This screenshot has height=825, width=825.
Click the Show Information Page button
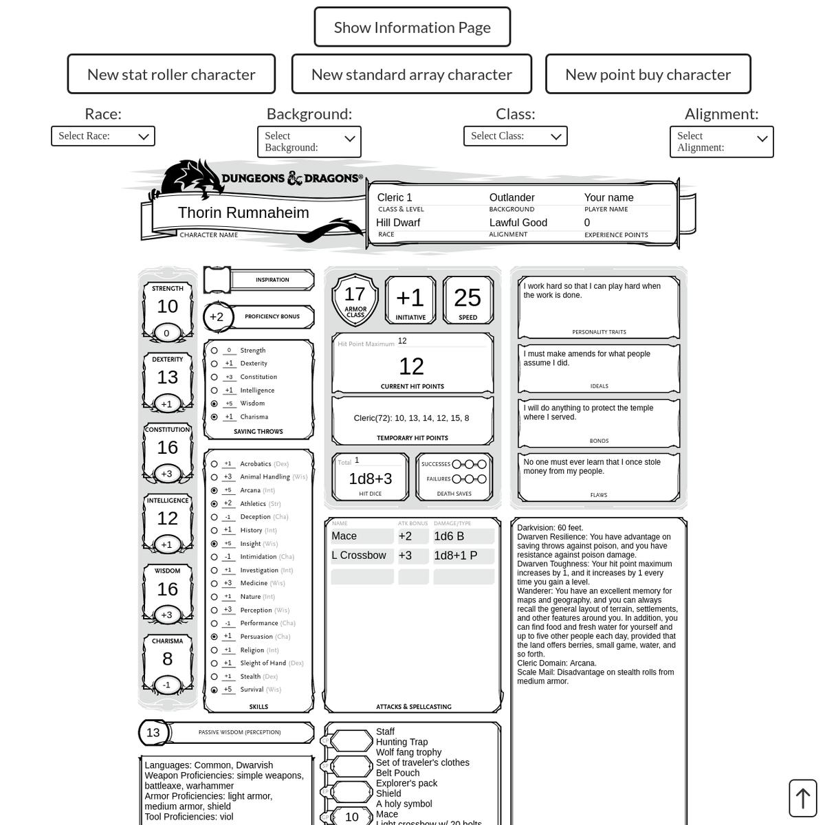point(412,27)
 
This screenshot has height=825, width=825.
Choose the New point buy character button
point(648,74)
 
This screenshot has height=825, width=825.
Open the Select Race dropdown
point(103,136)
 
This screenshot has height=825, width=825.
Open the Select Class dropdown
point(516,136)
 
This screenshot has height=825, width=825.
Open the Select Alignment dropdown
point(721,142)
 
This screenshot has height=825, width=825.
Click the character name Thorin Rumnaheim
point(243,213)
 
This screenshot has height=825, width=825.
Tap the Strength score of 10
point(167,307)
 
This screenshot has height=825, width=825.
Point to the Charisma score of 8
point(167,659)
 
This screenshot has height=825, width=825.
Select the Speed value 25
point(467,298)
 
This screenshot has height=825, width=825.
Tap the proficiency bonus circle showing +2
point(217,317)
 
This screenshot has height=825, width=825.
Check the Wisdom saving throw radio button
point(214,404)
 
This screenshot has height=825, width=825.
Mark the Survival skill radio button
point(214,690)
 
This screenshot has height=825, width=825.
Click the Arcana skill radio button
point(214,490)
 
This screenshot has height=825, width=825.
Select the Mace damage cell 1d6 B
point(463,536)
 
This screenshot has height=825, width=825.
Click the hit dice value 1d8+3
point(370,478)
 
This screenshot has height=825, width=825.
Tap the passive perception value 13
point(153,733)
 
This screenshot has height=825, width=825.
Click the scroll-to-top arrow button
point(802,798)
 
